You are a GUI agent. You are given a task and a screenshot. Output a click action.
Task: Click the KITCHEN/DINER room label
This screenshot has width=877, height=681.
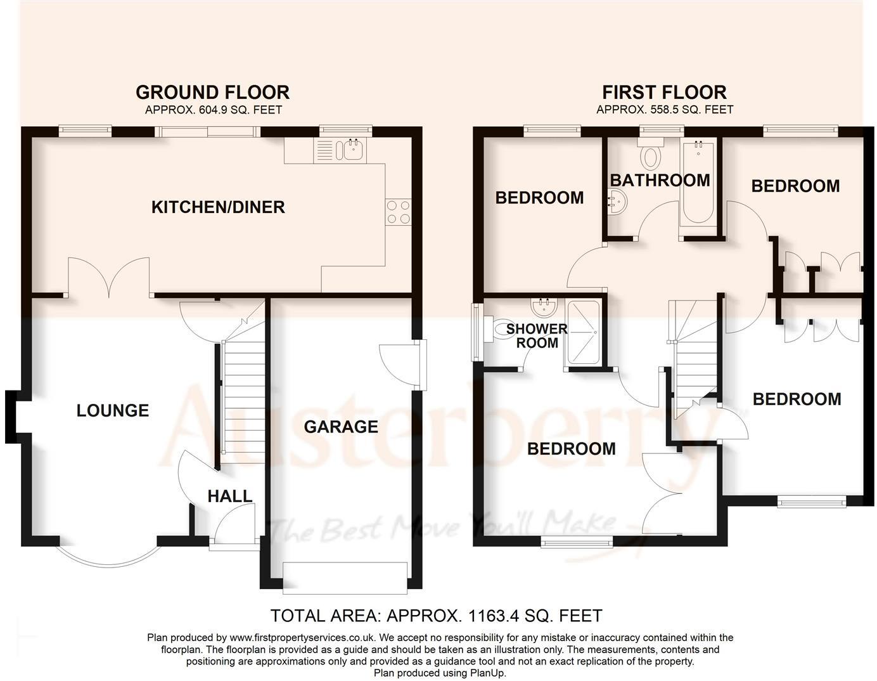tap(218, 207)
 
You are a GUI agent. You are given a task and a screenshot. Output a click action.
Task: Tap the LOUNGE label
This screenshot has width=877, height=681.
tap(113, 410)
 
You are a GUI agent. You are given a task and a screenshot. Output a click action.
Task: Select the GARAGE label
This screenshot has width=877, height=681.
tap(341, 426)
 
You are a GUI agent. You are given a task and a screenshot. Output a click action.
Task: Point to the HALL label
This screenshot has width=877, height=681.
tap(230, 496)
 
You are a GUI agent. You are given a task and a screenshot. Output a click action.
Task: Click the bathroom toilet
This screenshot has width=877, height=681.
tap(651, 153)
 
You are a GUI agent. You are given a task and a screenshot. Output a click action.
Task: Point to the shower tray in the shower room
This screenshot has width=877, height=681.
tap(583, 333)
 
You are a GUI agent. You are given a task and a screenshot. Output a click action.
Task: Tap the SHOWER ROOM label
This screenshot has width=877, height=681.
tap(537, 336)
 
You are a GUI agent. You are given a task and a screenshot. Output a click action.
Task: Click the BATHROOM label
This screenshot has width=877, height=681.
tap(660, 180)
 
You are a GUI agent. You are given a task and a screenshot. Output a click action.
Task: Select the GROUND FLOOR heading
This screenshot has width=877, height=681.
tap(213, 93)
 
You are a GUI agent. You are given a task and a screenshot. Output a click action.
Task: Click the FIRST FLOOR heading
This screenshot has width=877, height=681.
tap(664, 93)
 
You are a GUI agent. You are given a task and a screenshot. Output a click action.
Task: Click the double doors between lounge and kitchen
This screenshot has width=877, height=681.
tap(109, 279)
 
